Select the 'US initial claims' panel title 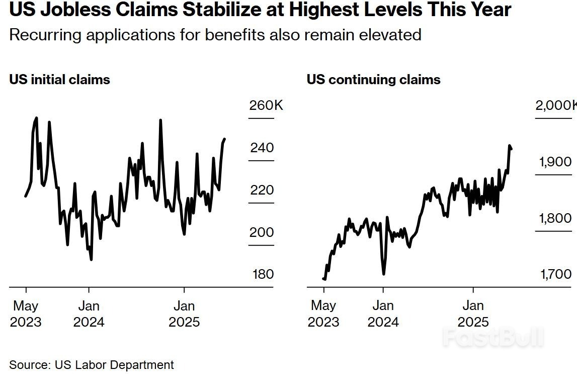tap(59, 80)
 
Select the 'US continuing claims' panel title tap(373, 80)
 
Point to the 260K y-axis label tap(266, 105)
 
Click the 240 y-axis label tap(262, 148)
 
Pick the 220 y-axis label tap(262, 190)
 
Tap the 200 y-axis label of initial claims tap(262, 232)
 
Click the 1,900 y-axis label tap(555, 162)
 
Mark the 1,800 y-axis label tap(555, 218)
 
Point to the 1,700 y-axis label tap(555, 274)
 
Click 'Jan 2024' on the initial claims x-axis tap(89, 314)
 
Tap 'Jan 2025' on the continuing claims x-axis tap(473, 314)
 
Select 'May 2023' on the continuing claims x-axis tap(323, 314)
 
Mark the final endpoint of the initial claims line tap(225, 139)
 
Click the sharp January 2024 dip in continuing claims tap(384, 274)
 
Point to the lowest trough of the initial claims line tap(91, 260)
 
